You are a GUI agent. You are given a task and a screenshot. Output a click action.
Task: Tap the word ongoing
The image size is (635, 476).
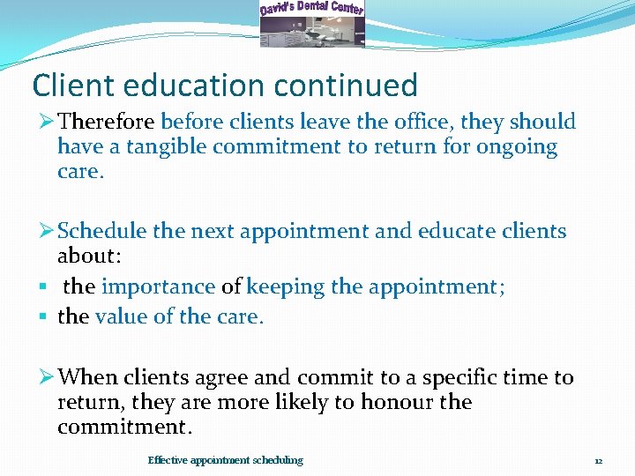click(517, 146)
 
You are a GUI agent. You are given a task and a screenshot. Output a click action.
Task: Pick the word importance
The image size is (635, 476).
click(159, 286)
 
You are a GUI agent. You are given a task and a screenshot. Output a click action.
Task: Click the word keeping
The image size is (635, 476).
click(285, 286)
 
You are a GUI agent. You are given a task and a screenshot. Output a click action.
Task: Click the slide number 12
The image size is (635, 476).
click(598, 460)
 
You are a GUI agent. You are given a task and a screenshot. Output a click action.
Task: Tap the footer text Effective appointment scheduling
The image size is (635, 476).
click(225, 460)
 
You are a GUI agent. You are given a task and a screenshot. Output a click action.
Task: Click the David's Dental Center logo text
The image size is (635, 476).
click(312, 9)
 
